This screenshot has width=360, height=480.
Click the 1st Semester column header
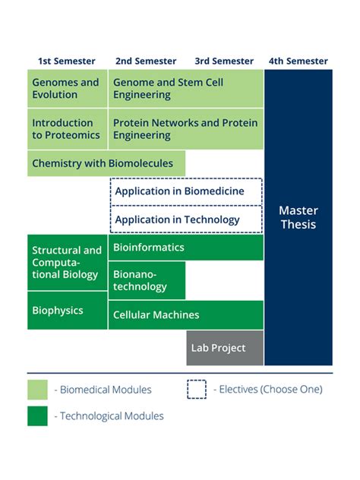[67, 61]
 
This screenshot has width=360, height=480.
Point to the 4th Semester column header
[298, 61]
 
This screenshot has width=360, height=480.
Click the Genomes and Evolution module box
[68, 88]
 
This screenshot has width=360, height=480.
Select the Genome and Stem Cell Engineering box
[186, 88]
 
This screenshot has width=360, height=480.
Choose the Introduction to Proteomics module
[68, 128]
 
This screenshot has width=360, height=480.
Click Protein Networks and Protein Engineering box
[186, 128]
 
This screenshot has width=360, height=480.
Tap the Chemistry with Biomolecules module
[106, 163]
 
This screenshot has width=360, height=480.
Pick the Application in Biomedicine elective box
[186, 191]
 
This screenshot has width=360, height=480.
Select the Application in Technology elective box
[186, 219]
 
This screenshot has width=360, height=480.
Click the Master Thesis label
[298, 217]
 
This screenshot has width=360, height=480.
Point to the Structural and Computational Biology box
[68, 262]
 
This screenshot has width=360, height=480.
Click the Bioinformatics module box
[186, 248]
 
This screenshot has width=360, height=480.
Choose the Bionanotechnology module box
[147, 280]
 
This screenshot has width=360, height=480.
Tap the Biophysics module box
[68, 310]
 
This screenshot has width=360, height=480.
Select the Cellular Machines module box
[186, 314]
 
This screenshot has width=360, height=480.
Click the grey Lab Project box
[225, 348]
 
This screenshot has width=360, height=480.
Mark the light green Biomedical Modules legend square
[37, 390]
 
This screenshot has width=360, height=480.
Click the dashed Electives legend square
[197, 389]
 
